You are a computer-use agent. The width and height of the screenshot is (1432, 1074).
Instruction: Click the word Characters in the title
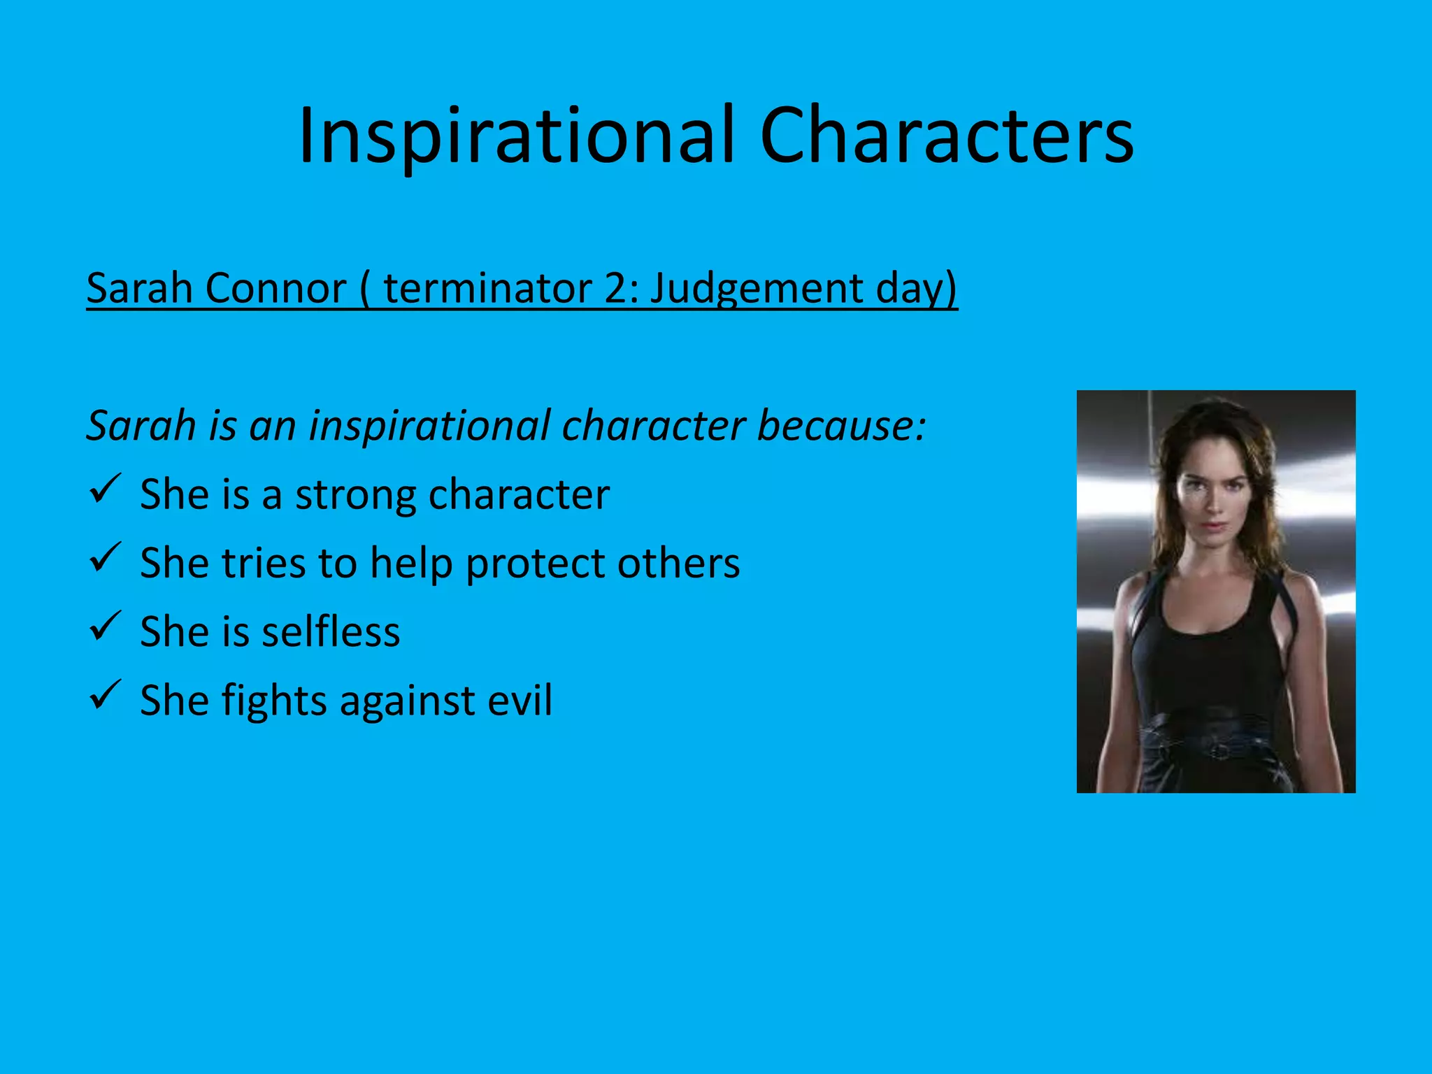pos(946,136)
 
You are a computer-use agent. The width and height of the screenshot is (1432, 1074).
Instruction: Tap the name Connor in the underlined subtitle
pos(276,288)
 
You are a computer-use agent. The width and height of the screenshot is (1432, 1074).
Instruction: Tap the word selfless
pos(330,631)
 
